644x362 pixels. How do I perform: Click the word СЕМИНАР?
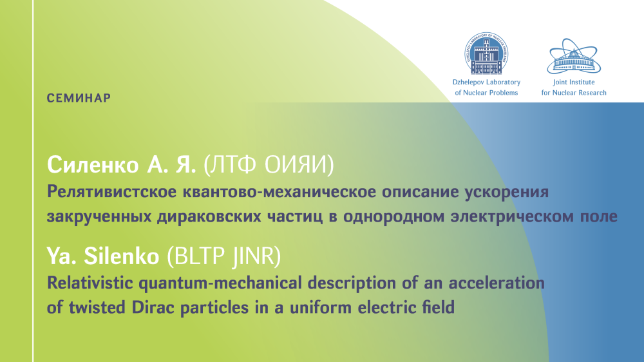[x=79, y=98]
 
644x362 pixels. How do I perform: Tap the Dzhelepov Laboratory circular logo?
[x=486, y=53]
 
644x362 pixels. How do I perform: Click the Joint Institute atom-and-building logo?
[x=574, y=56]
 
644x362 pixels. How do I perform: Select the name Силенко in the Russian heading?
[x=93, y=165]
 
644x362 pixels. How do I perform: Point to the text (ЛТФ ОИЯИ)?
[x=269, y=165]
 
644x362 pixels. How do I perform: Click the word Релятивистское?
[x=111, y=192]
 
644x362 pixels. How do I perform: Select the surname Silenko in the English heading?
[x=122, y=256]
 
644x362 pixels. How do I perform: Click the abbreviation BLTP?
[x=200, y=256]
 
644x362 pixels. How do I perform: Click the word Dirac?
[x=154, y=307]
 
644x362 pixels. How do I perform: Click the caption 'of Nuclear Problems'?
[x=486, y=93]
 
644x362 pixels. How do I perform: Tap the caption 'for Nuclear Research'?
[x=574, y=93]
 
